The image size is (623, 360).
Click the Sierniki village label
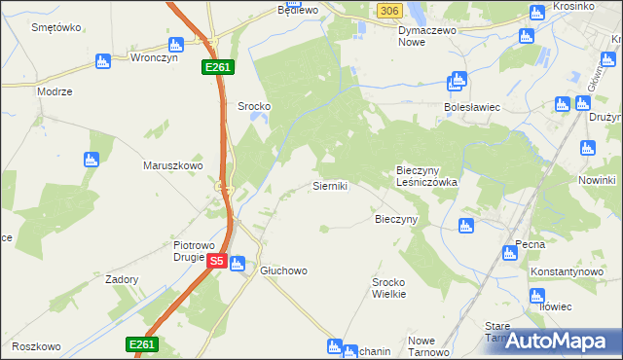coord(330,184)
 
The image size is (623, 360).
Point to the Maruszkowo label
coord(173,165)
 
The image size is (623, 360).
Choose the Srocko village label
coord(254,105)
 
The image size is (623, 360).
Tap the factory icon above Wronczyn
coord(176,43)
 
